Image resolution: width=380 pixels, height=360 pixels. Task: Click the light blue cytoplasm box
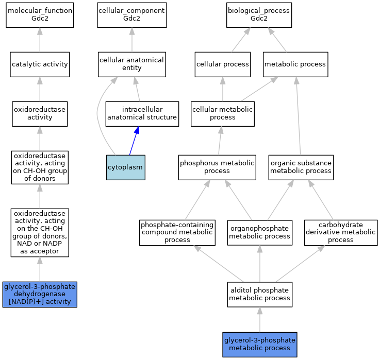125,167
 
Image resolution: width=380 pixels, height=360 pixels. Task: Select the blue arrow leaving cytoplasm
134,141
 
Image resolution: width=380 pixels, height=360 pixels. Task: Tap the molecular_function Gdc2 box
40,15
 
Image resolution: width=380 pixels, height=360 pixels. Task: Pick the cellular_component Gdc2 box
132,15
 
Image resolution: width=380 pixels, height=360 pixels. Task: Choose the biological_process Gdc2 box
259,15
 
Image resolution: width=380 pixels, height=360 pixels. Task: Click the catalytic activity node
40,64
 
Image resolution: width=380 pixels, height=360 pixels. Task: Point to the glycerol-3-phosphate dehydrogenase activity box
40,295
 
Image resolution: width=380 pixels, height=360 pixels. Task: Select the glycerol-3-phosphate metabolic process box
260,345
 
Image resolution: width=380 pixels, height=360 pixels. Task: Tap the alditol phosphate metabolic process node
260,295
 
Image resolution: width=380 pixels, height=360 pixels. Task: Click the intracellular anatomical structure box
142,114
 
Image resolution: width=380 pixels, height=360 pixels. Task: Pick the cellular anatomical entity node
132,64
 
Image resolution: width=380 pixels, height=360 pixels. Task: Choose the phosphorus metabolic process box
217,167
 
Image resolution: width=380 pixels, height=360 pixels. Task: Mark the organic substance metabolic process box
301,167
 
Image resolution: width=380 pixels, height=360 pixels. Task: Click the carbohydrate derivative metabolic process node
341,233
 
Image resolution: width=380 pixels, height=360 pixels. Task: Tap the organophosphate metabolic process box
260,233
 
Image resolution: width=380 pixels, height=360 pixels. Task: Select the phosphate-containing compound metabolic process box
177,233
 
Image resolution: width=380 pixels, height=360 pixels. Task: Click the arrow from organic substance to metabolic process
299,116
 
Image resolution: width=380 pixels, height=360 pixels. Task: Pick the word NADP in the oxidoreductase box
52,243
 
